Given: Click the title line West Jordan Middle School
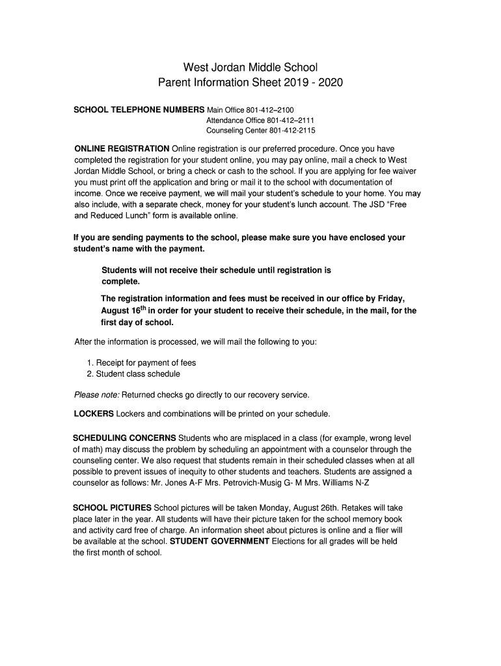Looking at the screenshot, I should (251, 66).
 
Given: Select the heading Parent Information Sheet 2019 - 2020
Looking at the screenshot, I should (251, 83).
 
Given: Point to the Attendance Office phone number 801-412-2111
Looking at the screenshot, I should (291, 120).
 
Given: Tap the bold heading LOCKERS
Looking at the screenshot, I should (94, 413).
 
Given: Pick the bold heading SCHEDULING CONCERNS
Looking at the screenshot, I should (125, 438).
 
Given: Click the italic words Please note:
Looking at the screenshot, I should (97, 394).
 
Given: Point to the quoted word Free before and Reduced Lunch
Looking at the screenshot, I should (407, 204).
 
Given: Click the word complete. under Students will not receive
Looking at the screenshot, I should (121, 282).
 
